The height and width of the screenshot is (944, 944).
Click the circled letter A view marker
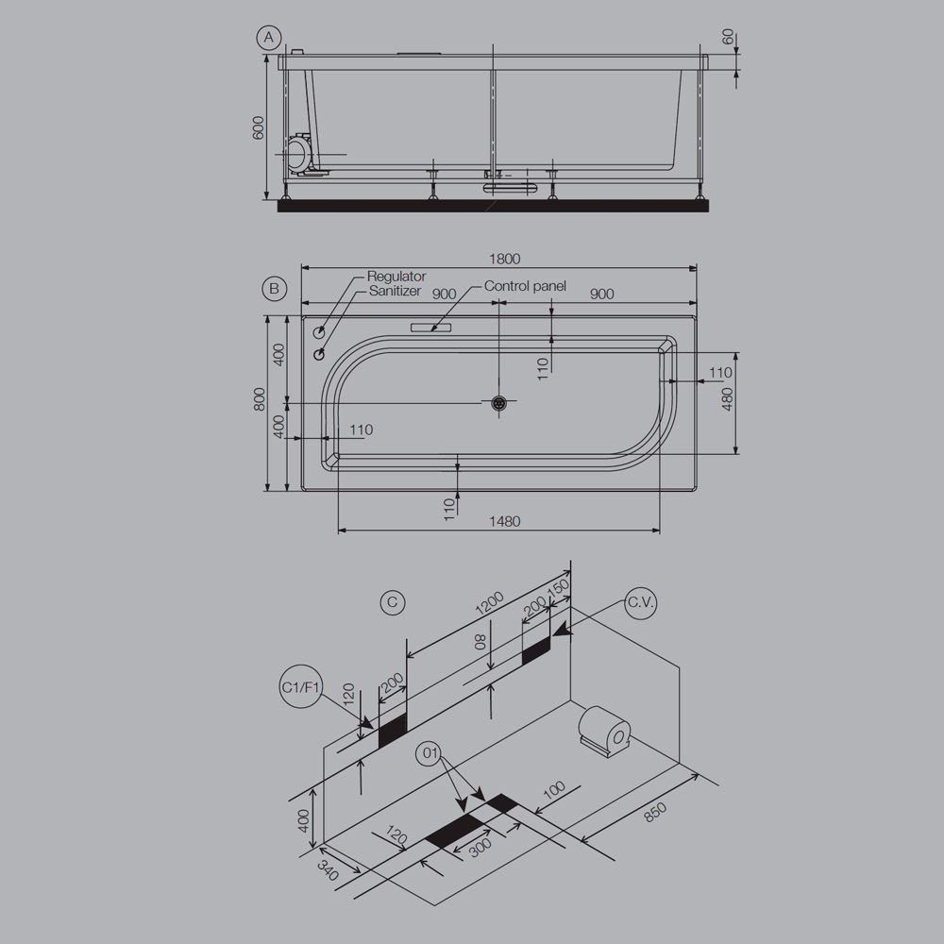tap(270, 38)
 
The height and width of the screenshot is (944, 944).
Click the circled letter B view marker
tap(274, 288)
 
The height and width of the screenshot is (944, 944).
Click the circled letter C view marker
tap(394, 601)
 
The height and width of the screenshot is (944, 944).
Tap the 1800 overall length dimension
tap(506, 259)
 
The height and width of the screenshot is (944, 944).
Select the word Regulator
tap(396, 277)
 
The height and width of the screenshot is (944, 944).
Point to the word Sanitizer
tap(396, 293)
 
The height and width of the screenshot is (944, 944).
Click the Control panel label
tap(525, 286)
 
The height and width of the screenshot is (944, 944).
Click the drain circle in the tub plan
tap(500, 403)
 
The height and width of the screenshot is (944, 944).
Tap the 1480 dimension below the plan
tap(505, 521)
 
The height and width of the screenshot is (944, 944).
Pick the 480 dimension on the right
tap(727, 399)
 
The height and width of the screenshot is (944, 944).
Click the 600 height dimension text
tap(259, 128)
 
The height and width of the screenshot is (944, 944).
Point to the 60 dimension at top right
tap(728, 38)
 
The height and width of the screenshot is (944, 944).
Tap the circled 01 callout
tap(430, 752)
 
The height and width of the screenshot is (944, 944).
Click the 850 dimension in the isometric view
tap(654, 810)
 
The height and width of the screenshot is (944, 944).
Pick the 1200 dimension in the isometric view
tap(489, 601)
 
